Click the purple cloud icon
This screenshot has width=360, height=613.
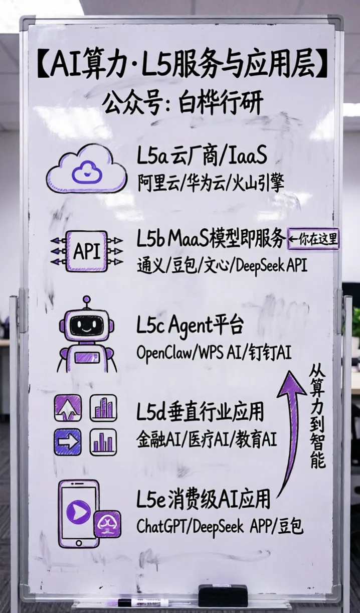(86, 169)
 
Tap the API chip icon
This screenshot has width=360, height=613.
(86, 251)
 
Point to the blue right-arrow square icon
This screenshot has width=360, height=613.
(68, 441)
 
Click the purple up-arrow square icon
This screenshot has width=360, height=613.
(68, 408)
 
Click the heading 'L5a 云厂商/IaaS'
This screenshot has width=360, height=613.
(202, 157)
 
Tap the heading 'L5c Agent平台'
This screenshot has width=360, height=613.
(190, 326)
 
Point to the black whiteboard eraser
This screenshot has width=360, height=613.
(223, 595)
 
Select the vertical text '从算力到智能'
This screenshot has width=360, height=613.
(317, 416)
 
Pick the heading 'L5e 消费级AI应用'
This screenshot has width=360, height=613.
(203, 500)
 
